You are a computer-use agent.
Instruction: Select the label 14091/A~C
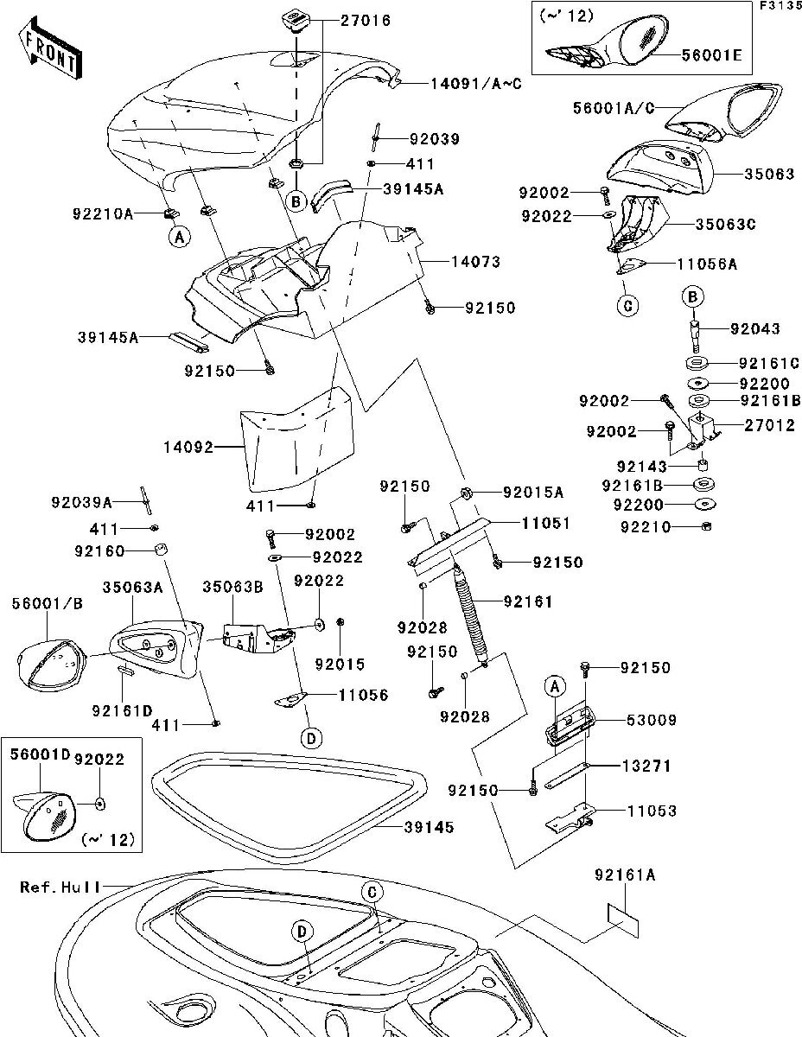point(474,84)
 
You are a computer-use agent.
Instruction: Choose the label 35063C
point(726,224)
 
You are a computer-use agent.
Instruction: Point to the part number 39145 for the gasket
point(428,827)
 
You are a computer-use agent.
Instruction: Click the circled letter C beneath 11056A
point(628,305)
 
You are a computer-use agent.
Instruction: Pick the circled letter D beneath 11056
point(311,737)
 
